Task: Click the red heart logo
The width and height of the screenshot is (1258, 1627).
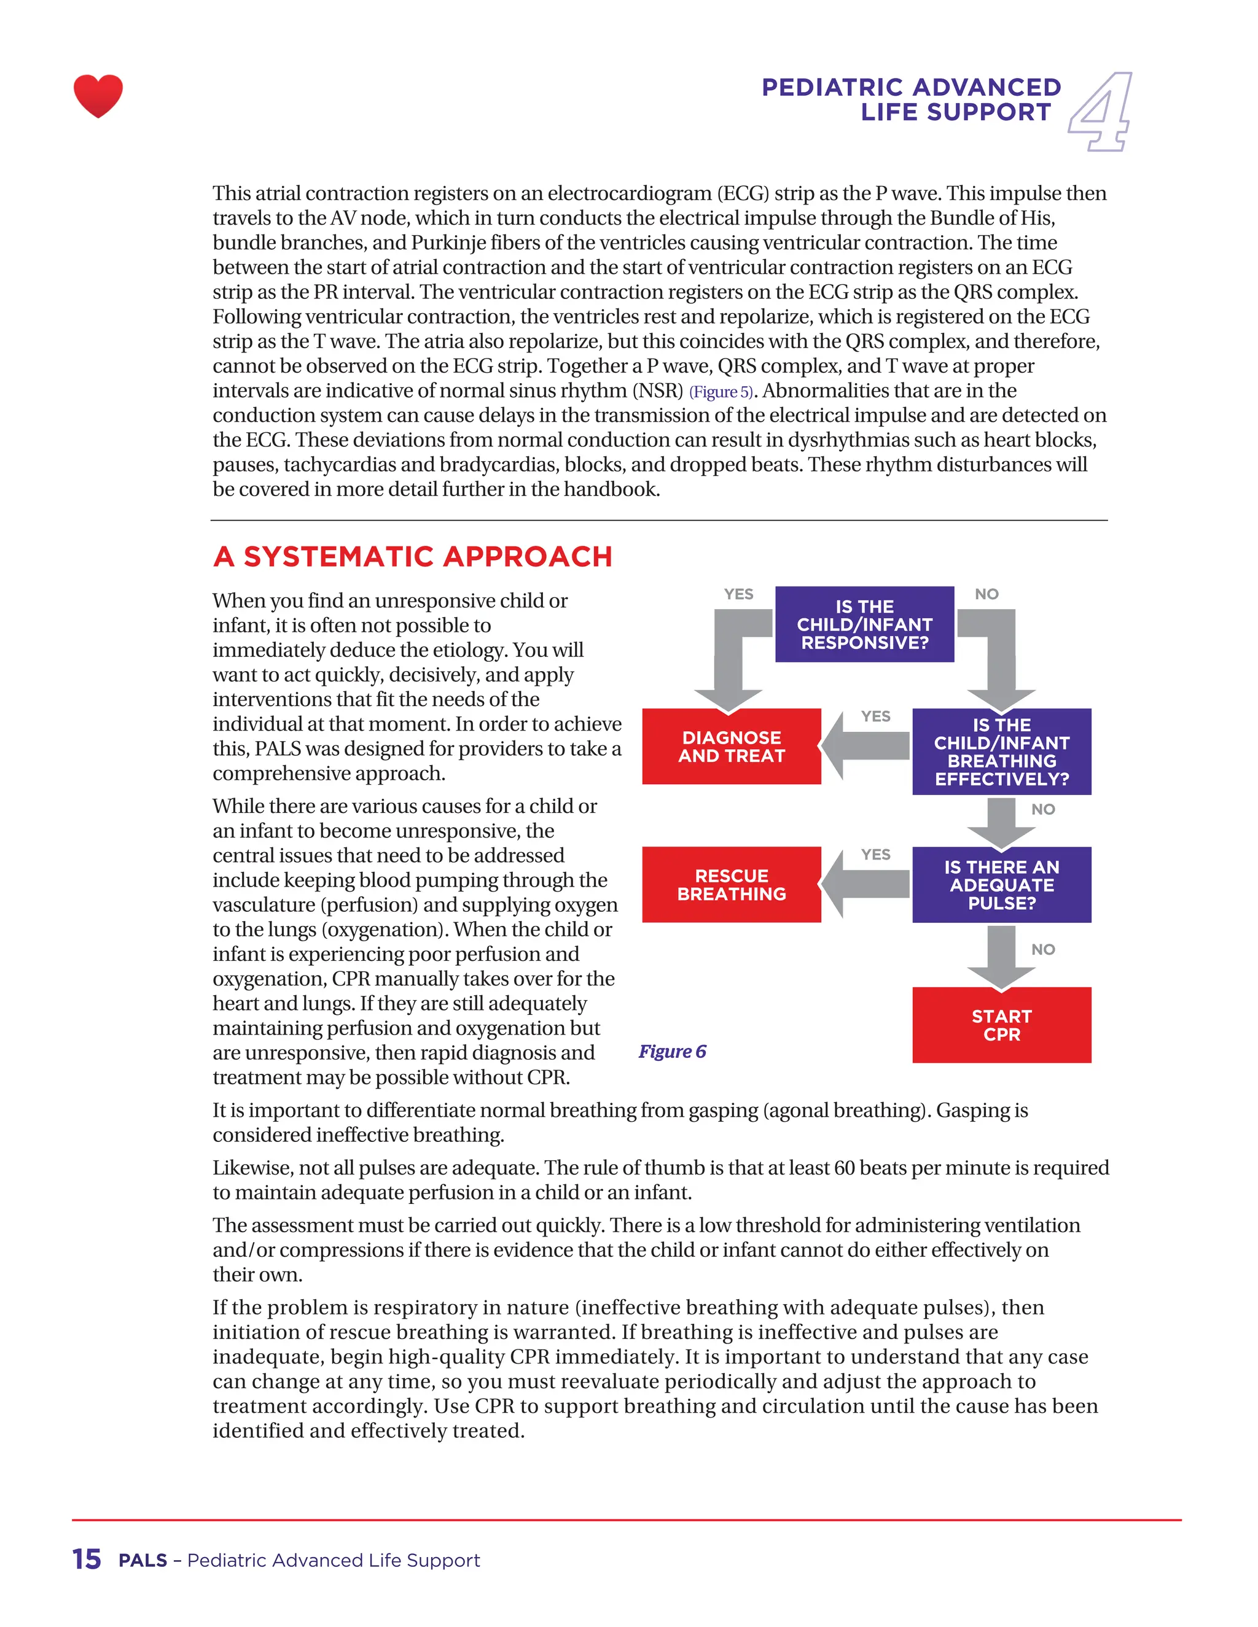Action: (x=98, y=95)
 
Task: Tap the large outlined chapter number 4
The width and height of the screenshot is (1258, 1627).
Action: (x=1101, y=112)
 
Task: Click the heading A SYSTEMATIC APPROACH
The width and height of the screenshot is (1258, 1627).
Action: (x=412, y=556)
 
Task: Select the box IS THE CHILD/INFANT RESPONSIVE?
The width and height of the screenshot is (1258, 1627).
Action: (x=864, y=624)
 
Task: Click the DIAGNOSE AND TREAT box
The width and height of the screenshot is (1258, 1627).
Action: (x=731, y=747)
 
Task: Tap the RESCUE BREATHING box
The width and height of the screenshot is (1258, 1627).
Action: (x=731, y=884)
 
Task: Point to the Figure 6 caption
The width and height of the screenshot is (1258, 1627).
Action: (x=671, y=1051)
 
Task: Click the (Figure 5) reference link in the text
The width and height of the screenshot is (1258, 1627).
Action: (x=721, y=392)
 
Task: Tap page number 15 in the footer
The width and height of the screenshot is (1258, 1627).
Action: (x=87, y=1559)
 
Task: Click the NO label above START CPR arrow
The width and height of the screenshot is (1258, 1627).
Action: (x=1042, y=949)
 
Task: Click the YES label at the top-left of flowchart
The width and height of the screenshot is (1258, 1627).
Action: (x=738, y=594)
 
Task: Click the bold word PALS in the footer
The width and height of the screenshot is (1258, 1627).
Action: (x=143, y=1560)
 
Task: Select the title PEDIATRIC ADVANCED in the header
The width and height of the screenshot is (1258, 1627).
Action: (x=911, y=87)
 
